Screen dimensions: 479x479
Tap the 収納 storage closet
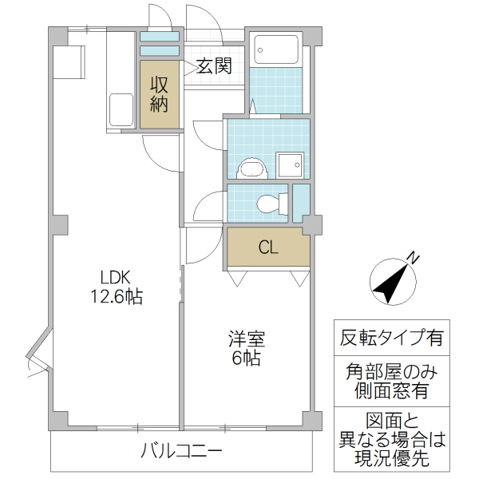click(x=160, y=93)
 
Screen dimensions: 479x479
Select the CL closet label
click(x=268, y=247)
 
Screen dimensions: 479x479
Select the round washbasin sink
click(x=252, y=168)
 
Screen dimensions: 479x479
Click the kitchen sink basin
click(x=121, y=110)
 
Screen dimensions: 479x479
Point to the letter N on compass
click(x=414, y=257)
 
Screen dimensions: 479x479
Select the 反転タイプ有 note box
click(x=391, y=337)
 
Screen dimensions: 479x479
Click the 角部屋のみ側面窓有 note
click(x=391, y=381)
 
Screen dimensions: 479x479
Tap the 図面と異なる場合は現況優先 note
click(x=391, y=439)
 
